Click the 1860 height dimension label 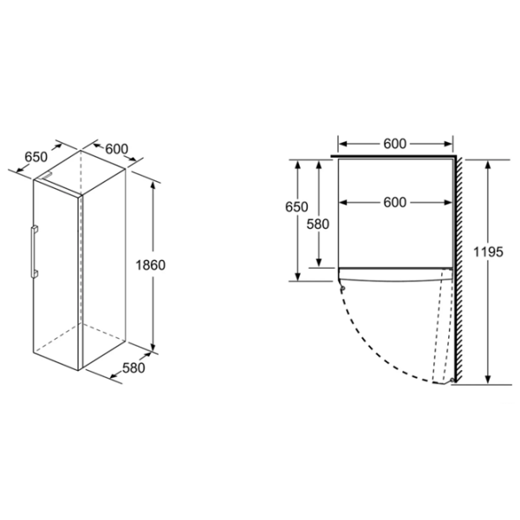(x=150, y=265)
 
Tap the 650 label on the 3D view (x=36, y=157)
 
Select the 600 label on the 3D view (x=117, y=149)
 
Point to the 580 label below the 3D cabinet (x=133, y=367)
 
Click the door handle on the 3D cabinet (x=34, y=251)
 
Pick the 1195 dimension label (x=488, y=252)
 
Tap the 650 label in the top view (x=296, y=207)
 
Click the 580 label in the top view (x=318, y=224)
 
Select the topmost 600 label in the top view (x=394, y=144)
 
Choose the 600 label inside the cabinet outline (x=394, y=202)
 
